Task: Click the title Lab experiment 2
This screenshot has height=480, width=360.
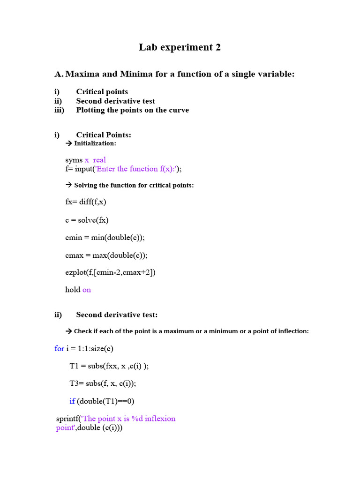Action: coord(180,47)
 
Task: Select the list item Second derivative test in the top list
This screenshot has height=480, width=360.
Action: coord(115,101)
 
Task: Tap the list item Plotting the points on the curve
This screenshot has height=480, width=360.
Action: coord(132,110)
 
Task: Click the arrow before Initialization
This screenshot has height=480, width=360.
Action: coord(68,143)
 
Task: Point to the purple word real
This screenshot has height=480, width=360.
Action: coord(99,160)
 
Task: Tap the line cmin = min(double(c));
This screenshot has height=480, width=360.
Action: coord(105,237)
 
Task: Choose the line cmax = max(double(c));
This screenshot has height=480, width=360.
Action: coord(106,255)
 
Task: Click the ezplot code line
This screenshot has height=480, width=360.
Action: coord(110,272)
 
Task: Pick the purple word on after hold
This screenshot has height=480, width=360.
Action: coord(87,290)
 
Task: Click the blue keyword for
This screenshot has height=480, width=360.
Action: coord(60,348)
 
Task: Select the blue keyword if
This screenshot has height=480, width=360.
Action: coord(72,401)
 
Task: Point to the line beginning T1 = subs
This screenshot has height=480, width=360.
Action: coord(109,366)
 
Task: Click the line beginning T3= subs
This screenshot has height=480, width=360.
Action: coord(103,383)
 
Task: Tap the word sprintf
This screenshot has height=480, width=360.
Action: coord(67,419)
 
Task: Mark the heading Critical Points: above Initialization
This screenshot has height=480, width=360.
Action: coord(104,135)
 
